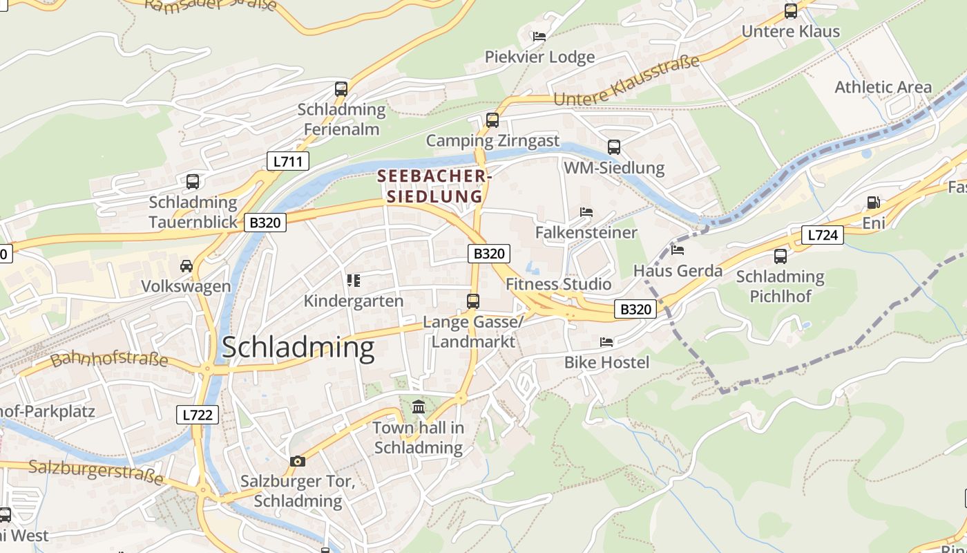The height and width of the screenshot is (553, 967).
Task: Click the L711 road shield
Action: click(287, 162)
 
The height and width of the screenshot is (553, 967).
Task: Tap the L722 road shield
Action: click(199, 415)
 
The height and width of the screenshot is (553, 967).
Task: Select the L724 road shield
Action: click(822, 235)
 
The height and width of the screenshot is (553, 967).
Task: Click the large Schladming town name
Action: click(298, 348)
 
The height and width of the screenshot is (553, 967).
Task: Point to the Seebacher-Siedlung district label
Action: click(434, 186)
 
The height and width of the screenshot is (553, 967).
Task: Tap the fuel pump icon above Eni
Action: click(873, 203)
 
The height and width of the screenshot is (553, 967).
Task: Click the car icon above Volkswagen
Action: click(186, 266)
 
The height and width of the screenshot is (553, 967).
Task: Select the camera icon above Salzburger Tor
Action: click(297, 461)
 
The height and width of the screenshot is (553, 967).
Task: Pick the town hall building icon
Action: click(419, 407)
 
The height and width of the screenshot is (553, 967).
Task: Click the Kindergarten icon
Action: click(354, 281)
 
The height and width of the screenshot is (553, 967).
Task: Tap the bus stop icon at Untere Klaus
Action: click(791, 11)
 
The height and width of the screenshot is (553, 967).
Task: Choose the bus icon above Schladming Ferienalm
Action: click(341, 89)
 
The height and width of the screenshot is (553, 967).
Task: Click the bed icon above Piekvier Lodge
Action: click(539, 36)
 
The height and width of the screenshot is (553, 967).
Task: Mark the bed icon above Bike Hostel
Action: click(606, 341)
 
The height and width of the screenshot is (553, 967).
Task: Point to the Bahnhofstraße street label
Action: click(109, 359)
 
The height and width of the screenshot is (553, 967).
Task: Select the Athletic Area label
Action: click(883, 87)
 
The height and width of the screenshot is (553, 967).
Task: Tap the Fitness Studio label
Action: click(558, 284)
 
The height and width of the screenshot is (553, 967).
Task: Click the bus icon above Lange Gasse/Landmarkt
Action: click(473, 301)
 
